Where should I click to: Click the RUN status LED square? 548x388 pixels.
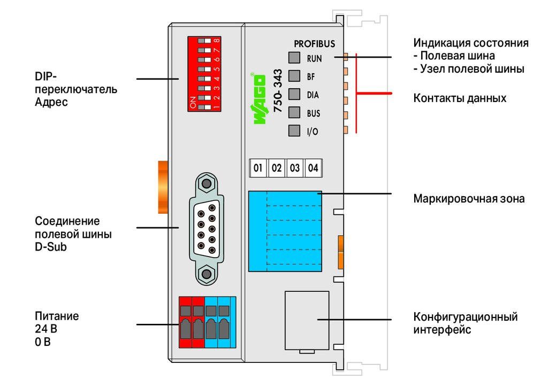pyautogui.click(x=294, y=58)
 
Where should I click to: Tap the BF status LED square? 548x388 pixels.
pyautogui.click(x=294, y=76)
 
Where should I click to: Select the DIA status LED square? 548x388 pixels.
pyautogui.click(x=294, y=94)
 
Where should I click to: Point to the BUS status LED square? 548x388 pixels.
pyautogui.click(x=294, y=112)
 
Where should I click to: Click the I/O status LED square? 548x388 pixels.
pyautogui.click(x=294, y=130)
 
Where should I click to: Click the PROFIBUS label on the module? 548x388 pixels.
pyautogui.click(x=314, y=44)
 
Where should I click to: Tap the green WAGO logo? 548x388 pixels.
pyautogui.click(x=259, y=98)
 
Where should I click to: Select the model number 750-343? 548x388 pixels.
pyautogui.click(x=278, y=91)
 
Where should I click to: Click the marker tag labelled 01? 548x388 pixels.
pyautogui.click(x=258, y=168)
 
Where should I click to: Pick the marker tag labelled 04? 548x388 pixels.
pyautogui.click(x=313, y=168)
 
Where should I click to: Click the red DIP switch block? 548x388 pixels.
pyautogui.click(x=204, y=74)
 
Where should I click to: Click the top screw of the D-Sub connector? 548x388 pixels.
pyautogui.click(x=207, y=183)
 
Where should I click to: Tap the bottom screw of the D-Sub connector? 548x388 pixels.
pyautogui.click(x=207, y=274)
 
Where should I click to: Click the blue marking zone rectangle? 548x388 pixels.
pyautogui.click(x=285, y=231)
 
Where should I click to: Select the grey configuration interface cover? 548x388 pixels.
pyautogui.click(x=307, y=321)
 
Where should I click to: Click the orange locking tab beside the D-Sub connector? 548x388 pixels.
pyautogui.click(x=163, y=187)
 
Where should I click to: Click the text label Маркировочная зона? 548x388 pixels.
pyautogui.click(x=469, y=199)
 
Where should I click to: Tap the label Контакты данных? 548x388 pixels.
pyautogui.click(x=460, y=98)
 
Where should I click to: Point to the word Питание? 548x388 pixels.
pyautogui.click(x=57, y=316)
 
